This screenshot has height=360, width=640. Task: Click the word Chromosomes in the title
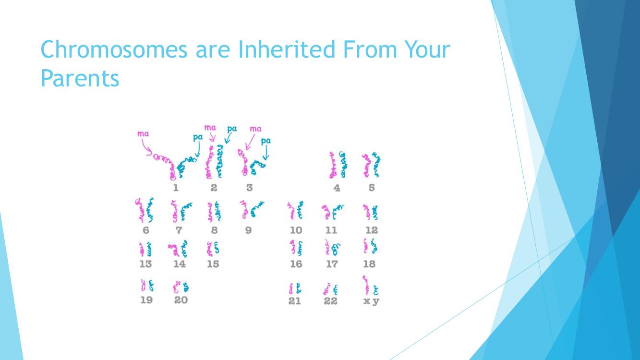[x=114, y=49]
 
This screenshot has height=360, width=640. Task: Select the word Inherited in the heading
[x=286, y=49]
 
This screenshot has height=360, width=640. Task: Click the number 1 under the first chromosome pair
[x=176, y=188]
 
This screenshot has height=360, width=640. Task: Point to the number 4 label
[x=337, y=188]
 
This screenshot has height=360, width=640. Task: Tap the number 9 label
[x=248, y=230]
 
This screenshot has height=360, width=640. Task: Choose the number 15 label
[x=213, y=264]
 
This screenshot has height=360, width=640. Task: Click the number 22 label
[x=331, y=301]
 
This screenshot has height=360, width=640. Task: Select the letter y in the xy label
[x=376, y=301]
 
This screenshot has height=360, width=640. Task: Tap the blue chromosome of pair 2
[x=219, y=161]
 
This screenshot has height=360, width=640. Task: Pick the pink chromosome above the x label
[x=366, y=285]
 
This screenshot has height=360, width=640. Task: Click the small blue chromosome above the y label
[x=376, y=290]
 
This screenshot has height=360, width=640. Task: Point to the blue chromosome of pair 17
[x=336, y=249]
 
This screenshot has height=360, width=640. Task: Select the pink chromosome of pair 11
[x=326, y=212]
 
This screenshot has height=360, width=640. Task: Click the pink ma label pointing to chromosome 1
[x=143, y=133]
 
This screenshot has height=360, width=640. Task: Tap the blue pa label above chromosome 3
[x=266, y=141]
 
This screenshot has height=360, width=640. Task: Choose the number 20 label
[x=181, y=300]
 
